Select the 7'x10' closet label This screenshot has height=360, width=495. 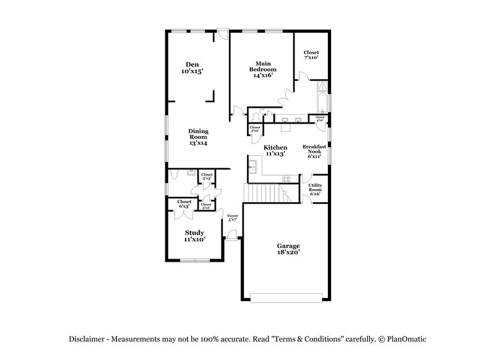click(x=311, y=56)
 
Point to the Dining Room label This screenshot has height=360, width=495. click(x=198, y=137)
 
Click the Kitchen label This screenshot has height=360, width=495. click(x=275, y=150)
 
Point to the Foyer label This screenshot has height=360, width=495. click(x=233, y=218)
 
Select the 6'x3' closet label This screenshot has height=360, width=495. click(x=184, y=204)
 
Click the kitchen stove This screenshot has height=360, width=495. click(x=286, y=178)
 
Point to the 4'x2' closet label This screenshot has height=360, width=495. click(x=320, y=118)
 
